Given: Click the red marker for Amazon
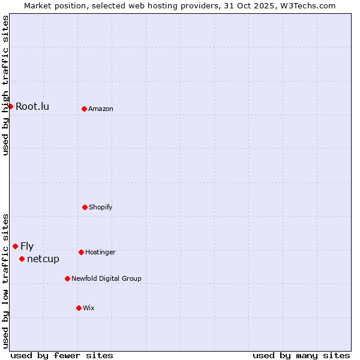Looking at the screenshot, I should point(84,109).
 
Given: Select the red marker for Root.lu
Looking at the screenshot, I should point(10,106).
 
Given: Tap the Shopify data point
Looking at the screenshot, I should point(85,207).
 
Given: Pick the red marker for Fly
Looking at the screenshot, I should point(15,246).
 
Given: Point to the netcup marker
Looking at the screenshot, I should point(22,259).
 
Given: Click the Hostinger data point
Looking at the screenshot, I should point(81,252).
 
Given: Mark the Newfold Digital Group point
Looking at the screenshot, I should point(67,278).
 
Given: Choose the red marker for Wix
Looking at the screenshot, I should point(79,308).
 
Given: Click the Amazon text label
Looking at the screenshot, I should point(101,109).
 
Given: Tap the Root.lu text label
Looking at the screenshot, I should point(32,106).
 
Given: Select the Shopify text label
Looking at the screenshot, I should point(101,207).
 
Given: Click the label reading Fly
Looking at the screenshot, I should point(27,246).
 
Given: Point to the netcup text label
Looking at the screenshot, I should point(43,259).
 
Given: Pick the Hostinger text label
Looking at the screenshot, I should point(100,252).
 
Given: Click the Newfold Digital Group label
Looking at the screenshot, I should point(107,278).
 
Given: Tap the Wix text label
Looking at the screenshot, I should point(89,308).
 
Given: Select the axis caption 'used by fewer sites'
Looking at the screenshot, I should point(62,355).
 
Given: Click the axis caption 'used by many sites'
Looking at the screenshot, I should point(301,355).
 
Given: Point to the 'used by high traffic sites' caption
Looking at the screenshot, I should point(5,85).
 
